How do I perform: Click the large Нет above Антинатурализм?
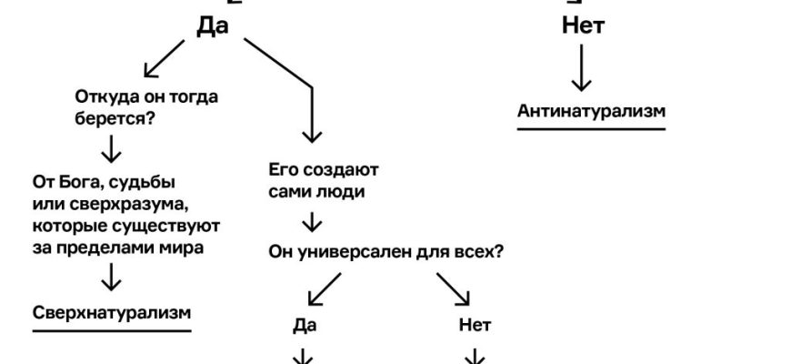[x=583, y=26]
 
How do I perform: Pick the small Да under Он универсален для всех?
[x=306, y=325]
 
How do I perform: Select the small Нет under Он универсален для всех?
[x=476, y=325]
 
